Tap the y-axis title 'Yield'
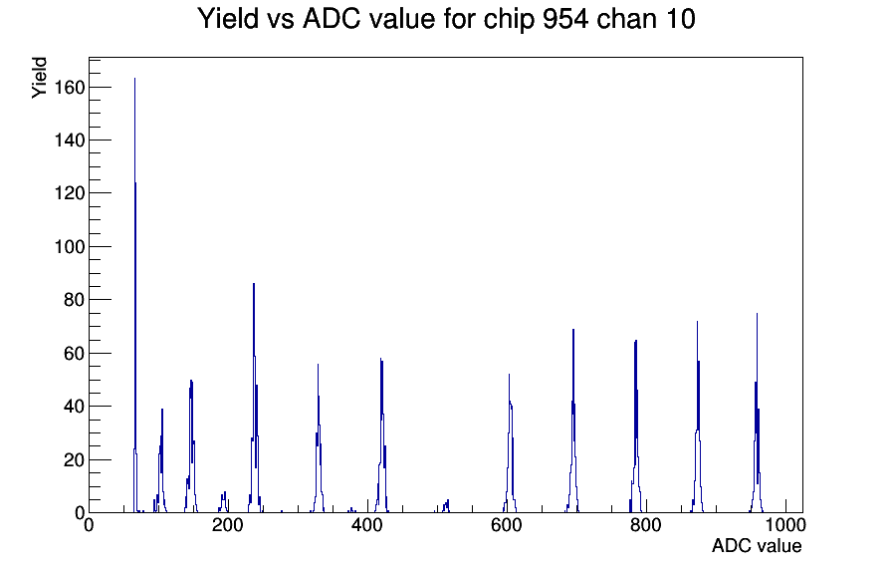click(39, 77)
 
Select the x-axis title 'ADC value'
click(756, 546)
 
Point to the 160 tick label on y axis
click(70, 88)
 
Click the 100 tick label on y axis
click(70, 247)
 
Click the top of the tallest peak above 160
click(134, 79)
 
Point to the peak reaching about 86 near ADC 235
click(254, 284)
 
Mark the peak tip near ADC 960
click(757, 314)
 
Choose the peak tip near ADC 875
click(697, 322)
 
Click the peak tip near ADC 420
click(380, 360)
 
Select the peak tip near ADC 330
click(318, 365)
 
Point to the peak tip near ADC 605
click(509, 375)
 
